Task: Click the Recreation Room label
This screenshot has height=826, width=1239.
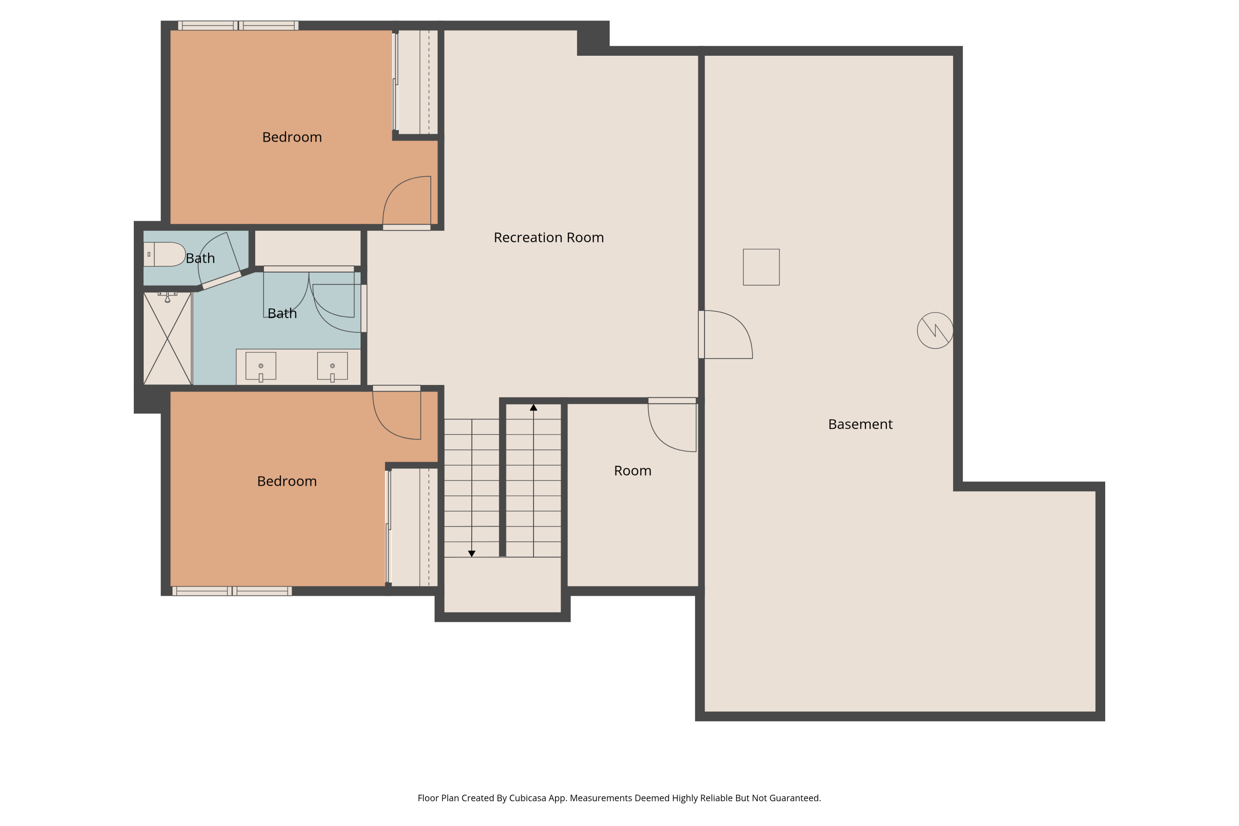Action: click(548, 237)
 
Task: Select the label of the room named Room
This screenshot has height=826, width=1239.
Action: click(632, 470)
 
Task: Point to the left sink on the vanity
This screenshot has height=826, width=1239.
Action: click(261, 366)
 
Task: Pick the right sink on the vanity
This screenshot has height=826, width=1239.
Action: click(332, 366)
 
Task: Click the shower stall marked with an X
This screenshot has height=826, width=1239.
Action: click(167, 338)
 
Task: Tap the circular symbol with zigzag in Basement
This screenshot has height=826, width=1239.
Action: click(935, 330)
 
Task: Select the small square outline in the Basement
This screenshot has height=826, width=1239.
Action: click(761, 267)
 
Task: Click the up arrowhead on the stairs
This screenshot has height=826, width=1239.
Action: click(533, 408)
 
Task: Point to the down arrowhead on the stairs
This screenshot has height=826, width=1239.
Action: click(472, 554)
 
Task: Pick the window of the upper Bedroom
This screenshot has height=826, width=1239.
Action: click(238, 25)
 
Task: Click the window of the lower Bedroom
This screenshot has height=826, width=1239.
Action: click(232, 591)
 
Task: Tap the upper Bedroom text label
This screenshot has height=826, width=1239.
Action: click(292, 138)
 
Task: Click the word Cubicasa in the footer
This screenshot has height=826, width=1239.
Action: click(527, 798)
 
